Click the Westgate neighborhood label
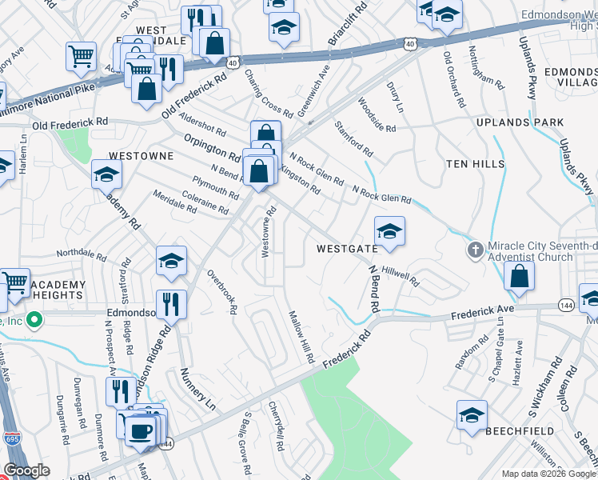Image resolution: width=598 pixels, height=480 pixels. point(346,249)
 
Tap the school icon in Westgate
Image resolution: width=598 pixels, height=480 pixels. point(389,231)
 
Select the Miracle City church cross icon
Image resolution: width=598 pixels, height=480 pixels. point(475,250)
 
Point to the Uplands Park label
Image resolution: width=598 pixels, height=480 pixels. point(520,123)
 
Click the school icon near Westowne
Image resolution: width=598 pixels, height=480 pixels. point(106,174)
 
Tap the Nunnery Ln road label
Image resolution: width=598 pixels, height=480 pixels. point(194,385)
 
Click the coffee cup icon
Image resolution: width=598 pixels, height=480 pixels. point(141,430)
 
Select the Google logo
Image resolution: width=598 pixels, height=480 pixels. point(26,470)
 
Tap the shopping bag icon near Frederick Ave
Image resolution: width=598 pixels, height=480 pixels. point(519,276)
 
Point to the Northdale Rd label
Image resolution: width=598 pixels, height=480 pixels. point(81,255)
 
